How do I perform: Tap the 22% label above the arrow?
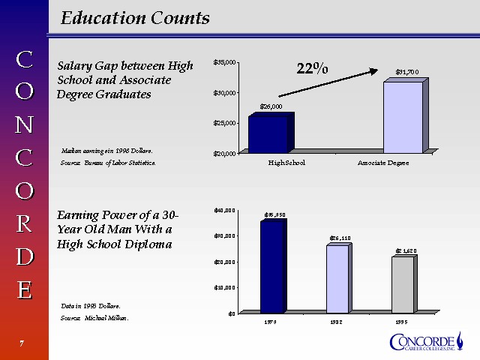click(312, 69)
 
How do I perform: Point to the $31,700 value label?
click(407, 72)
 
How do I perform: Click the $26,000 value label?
click(271, 106)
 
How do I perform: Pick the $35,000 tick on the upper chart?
click(225, 61)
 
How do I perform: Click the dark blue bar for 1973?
click(273, 266)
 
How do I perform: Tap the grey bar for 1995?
click(402, 285)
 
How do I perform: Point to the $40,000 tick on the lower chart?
click(225, 210)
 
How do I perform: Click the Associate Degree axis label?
click(383, 163)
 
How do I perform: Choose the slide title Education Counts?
click(135, 18)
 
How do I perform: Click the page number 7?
click(22, 343)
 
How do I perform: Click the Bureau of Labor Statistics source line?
click(108, 163)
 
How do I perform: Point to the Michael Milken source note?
click(94, 319)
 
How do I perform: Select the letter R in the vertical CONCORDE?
click(24, 223)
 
